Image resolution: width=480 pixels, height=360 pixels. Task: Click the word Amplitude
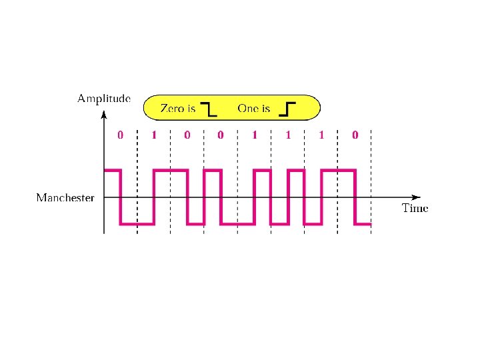click(103, 99)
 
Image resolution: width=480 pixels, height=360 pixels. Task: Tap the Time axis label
click(415, 208)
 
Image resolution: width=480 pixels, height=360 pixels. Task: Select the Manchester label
click(65, 197)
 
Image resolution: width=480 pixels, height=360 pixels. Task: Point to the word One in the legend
click(249, 108)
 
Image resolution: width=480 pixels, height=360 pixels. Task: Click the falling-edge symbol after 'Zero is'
click(209, 109)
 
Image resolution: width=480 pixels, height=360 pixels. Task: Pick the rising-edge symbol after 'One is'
click(287, 109)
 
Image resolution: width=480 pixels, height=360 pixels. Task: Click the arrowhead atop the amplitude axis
click(105, 115)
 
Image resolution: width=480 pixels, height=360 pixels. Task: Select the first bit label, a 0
click(120, 135)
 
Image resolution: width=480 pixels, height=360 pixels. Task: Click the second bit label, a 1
click(154, 135)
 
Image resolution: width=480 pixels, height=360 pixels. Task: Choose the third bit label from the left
click(187, 135)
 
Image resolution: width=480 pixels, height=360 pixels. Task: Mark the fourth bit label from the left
click(221, 135)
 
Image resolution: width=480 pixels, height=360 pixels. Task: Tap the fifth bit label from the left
click(254, 135)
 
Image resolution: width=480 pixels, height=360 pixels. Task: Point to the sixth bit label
click(288, 135)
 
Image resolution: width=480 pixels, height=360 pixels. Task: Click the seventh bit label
click(321, 135)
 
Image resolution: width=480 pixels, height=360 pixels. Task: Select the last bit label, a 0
click(355, 135)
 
